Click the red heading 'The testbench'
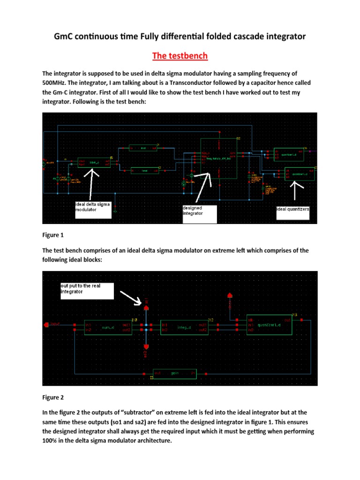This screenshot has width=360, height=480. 180,56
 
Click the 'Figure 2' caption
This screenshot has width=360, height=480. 53,397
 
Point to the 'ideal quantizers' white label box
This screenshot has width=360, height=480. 292,210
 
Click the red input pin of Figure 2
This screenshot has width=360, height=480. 46,324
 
